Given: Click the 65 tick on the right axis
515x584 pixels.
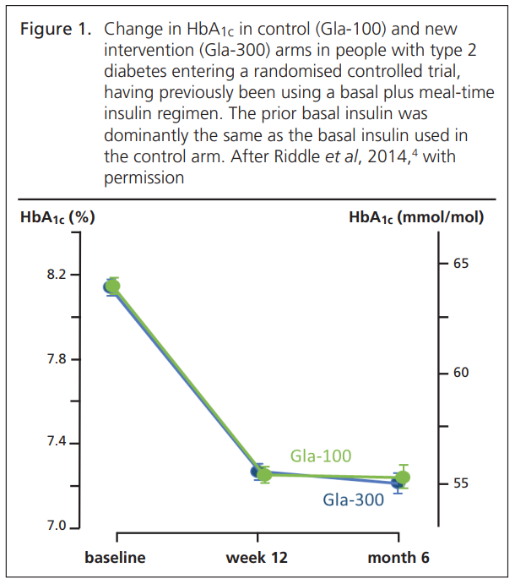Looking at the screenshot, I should click(460, 264).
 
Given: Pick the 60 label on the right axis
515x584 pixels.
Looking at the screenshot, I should click(460, 373).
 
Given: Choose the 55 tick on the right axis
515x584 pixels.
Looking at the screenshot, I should click(460, 483).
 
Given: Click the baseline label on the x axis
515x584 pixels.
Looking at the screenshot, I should click(116, 557).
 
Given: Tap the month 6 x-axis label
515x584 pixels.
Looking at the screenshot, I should click(399, 557).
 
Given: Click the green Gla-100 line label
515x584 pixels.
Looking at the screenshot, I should click(321, 456).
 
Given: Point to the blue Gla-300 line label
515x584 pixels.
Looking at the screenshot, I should click(353, 499).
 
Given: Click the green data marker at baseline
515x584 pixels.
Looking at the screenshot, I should click(113, 286).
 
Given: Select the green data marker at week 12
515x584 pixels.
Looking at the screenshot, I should click(264, 474).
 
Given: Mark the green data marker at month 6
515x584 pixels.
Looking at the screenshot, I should click(403, 478).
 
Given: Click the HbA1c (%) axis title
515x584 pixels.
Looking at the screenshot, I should click(57, 217).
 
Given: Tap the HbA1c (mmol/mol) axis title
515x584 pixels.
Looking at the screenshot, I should click(416, 217).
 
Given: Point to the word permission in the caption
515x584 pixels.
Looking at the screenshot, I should click(145, 177).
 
